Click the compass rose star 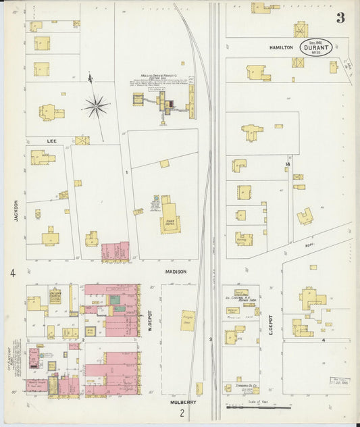97,105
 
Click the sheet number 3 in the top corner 340,18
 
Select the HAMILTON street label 281,48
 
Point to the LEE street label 51,140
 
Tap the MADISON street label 176,272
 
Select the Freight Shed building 187,320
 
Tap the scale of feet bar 259,407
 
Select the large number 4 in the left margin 13,273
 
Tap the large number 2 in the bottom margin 181,413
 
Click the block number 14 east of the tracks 287,164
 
